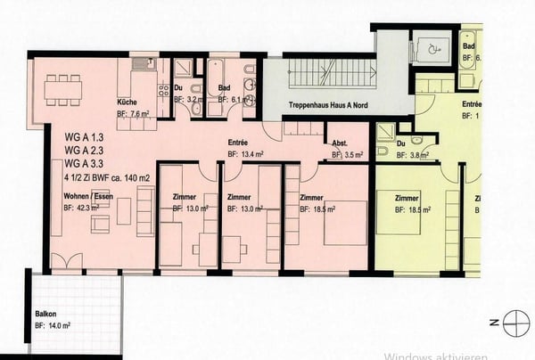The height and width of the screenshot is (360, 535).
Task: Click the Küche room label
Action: (126, 103)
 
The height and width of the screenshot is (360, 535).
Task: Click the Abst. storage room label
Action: (339, 143)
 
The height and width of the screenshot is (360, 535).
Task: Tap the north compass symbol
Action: (514, 322)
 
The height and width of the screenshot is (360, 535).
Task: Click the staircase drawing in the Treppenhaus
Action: (319, 79)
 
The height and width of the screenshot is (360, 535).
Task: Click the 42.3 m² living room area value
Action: (88, 209)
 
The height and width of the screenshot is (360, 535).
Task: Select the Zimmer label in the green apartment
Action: (406, 197)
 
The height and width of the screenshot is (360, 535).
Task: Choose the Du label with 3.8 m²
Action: (402, 144)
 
